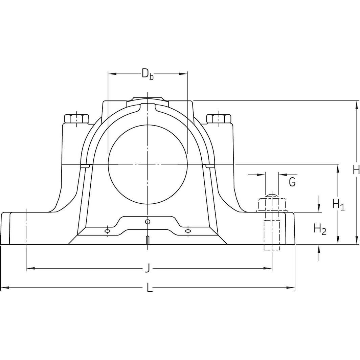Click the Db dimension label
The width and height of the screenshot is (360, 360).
pos(148,74)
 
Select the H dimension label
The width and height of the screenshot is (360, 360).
pos(356,170)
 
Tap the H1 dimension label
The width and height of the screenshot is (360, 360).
pos(338,204)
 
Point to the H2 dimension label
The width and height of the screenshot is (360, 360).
pos(320,229)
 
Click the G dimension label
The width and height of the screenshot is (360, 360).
pos(292,182)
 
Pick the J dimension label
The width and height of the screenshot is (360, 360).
pos(147,269)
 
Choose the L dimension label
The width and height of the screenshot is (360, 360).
pos(150,288)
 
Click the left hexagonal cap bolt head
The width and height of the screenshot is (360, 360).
pos(76,119)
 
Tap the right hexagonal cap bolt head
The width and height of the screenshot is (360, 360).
pos(219,119)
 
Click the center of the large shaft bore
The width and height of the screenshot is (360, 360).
pos(148,164)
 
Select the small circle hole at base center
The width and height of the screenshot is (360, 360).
pos(147,222)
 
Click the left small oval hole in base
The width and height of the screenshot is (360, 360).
pos(107,231)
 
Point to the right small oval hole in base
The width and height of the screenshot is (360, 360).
pos(188,231)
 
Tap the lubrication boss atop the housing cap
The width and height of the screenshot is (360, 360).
pos(148,99)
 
